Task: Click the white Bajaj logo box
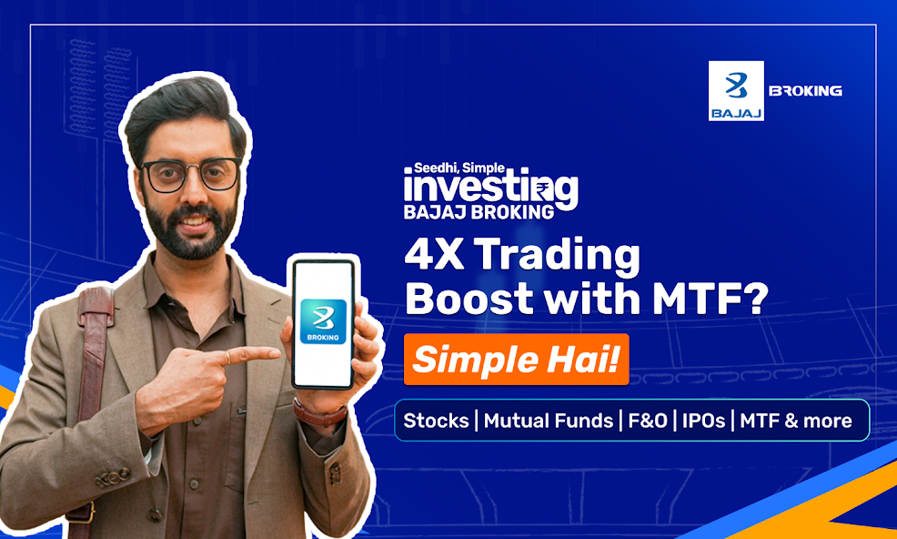point(736,90)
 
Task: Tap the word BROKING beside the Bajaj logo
point(805,90)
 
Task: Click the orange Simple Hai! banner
point(516,359)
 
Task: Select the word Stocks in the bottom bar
point(436,421)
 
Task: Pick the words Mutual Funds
point(548,421)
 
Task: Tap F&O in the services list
point(648,421)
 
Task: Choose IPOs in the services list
point(703,421)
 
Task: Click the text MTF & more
point(796,421)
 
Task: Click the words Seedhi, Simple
point(459,168)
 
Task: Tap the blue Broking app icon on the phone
point(323,321)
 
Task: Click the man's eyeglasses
point(191,174)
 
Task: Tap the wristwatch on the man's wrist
point(320,413)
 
